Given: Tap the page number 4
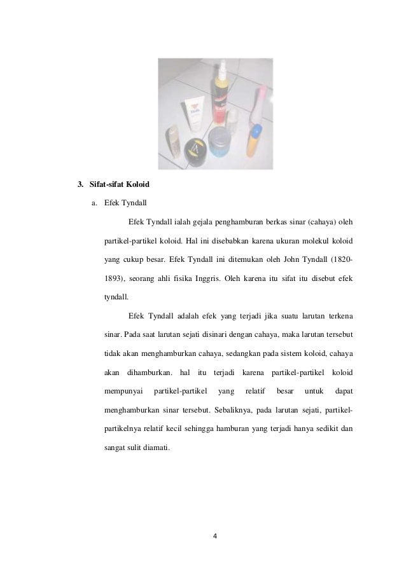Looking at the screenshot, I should tap(215, 535).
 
